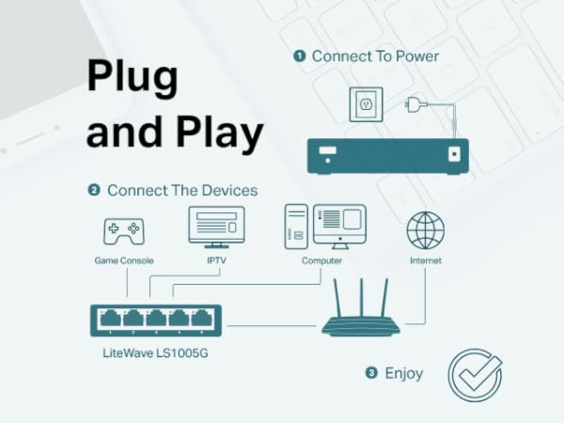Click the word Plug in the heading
click(131, 77)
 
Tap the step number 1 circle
click(299, 56)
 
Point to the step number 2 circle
click(94, 190)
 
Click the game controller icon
click(123, 229)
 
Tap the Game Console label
click(123, 259)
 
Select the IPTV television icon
click(216, 227)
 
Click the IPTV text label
click(216, 259)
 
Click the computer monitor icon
click(339, 225)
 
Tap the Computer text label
click(321, 259)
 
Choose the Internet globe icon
click(425, 230)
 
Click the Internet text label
click(425, 259)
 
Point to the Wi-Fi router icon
click(360, 314)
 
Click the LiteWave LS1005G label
click(154, 354)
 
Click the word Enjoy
click(403, 373)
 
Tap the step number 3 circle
click(371, 373)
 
